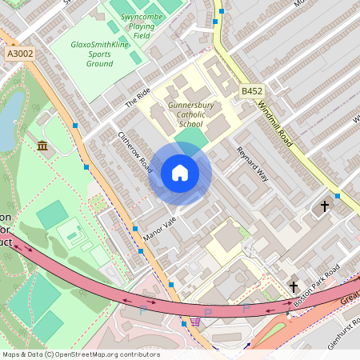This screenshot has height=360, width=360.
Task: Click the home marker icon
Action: coord(179,173)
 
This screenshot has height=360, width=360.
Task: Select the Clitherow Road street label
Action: coord(134,152)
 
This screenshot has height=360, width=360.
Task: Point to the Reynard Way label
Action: coord(251,163)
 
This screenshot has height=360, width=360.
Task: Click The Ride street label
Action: coord(138,98)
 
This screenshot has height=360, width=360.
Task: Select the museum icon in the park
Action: coord(42,145)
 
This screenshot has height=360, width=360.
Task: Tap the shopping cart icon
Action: coord(195,322)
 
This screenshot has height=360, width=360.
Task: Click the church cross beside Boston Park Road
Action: coord(294,286)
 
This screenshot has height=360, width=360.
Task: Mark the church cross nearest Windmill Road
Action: coord(325,206)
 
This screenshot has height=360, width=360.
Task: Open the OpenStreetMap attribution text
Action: coord(81,354)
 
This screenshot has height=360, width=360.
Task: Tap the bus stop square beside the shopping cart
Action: coord(170,284)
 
